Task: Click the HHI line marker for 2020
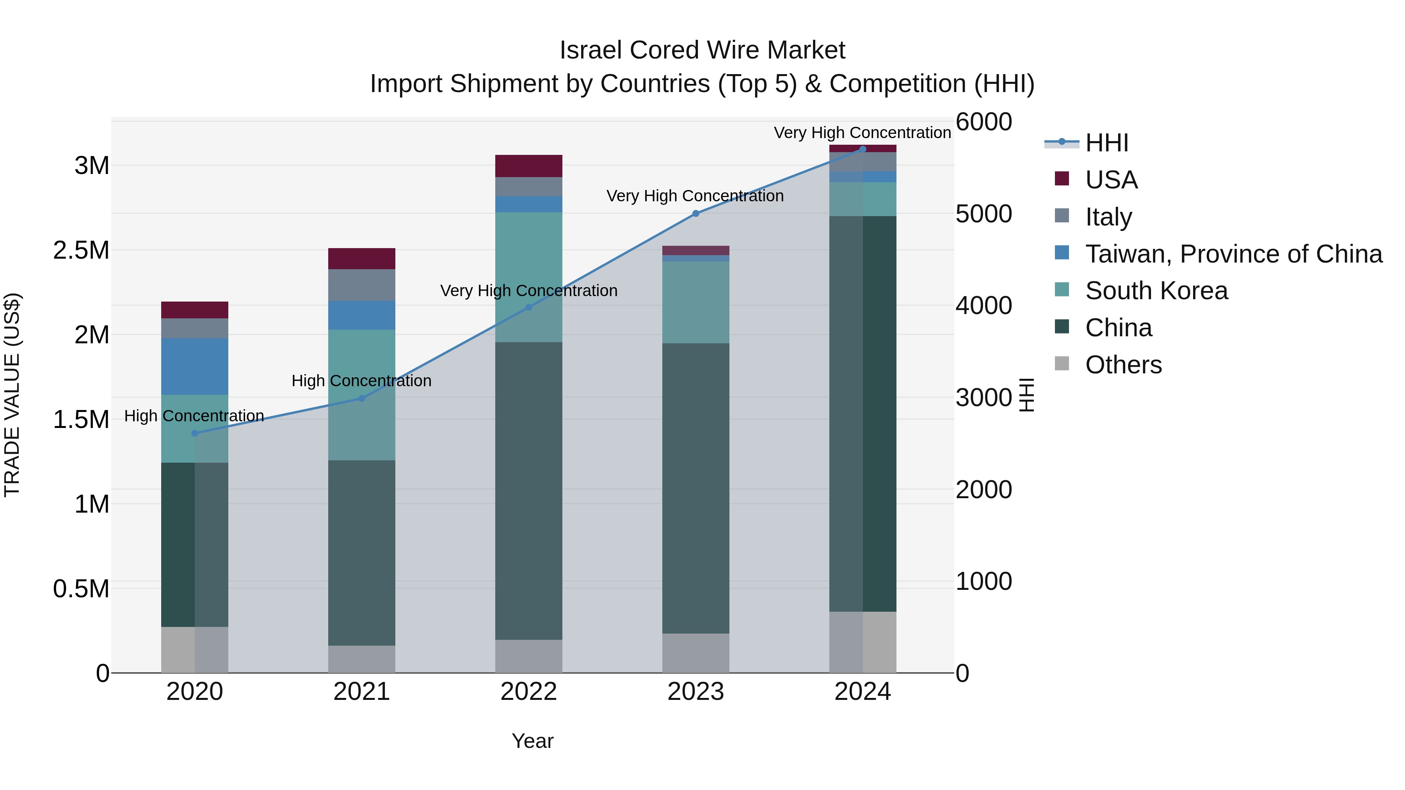[195, 433]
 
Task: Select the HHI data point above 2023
[695, 214]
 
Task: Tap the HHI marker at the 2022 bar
[528, 307]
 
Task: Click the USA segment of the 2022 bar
[528, 166]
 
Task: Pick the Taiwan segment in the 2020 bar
[195, 366]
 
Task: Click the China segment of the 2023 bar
[695, 488]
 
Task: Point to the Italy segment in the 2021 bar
[362, 285]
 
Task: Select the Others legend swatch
[1062, 364]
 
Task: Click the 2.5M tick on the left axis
[81, 250]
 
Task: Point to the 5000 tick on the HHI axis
[983, 214]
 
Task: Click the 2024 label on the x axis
[862, 692]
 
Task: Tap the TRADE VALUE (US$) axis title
[12, 395]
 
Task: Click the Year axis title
[532, 741]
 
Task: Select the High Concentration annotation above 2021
[362, 380]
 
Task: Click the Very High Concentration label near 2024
[862, 133]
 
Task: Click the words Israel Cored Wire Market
[702, 50]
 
